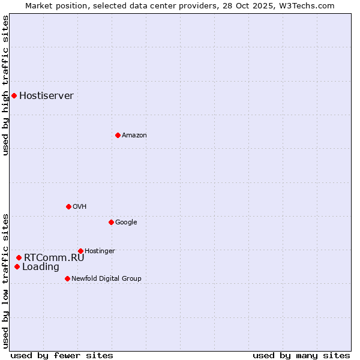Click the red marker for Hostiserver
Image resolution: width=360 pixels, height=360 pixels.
click(14, 95)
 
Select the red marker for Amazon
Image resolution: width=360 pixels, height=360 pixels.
click(118, 135)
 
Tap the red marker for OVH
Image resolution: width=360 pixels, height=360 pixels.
click(68, 206)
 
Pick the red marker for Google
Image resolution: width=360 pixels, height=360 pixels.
click(111, 222)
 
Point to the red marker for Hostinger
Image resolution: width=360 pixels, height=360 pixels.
click(80, 251)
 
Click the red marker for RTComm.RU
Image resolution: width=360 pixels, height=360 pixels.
click(19, 257)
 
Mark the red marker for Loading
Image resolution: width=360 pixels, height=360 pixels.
click(17, 267)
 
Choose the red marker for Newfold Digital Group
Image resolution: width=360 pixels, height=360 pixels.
click(67, 278)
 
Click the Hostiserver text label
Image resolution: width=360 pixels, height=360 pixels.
click(46, 96)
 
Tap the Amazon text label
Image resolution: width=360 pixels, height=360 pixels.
click(134, 136)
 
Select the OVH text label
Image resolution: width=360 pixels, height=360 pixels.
click(80, 207)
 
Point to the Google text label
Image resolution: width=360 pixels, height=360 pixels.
click(126, 223)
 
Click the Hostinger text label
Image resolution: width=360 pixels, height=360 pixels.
click(100, 251)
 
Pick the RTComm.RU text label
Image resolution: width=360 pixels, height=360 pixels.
click(54, 258)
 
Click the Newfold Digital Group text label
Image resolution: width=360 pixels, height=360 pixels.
click(106, 279)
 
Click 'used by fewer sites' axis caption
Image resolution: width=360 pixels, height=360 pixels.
click(62, 356)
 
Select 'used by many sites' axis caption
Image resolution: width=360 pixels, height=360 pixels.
click(301, 356)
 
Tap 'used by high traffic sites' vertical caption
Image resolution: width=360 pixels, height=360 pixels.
click(5, 85)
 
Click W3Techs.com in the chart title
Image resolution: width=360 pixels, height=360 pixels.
click(305, 5)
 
